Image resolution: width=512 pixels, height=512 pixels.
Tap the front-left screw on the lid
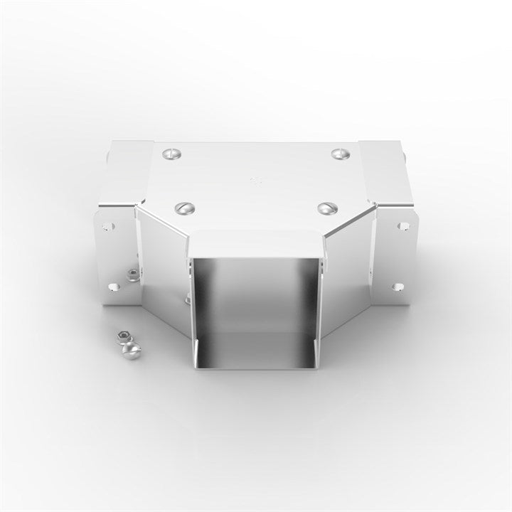tap(184, 208)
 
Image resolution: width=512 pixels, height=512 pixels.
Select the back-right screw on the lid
tap(339, 153)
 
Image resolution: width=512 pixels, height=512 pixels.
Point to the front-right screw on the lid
tap(328, 208)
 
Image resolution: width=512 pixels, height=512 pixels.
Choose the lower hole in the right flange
tap(398, 287)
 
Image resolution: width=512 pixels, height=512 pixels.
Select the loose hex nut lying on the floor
tap(122, 334)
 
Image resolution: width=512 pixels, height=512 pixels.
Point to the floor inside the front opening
tap(256, 351)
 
